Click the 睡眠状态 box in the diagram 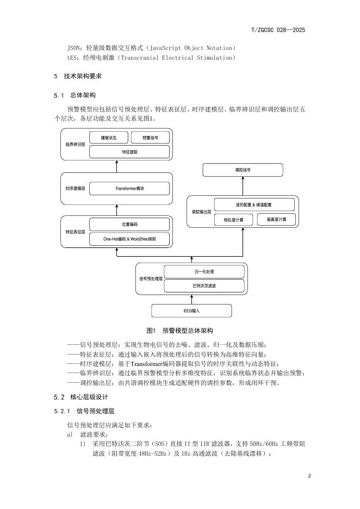(109, 138)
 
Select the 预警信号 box (150, 138)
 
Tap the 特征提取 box (129, 152)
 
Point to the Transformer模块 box (129, 189)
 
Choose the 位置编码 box (129, 224)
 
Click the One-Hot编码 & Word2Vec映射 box (129, 239)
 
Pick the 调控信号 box (243, 170)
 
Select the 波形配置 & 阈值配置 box (254, 205)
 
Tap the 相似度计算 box (234, 220)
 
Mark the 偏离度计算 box (276, 220)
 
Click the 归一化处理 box (204, 272)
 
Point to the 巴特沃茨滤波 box (204, 286)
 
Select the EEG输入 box (191, 311)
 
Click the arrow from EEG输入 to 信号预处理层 (191, 300)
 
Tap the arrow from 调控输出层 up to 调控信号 (243, 186)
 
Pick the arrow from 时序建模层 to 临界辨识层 (117, 166)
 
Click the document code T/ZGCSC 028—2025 (278, 30)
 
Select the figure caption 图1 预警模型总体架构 (180, 331)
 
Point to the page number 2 (309, 476)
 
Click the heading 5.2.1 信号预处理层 (84, 411)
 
